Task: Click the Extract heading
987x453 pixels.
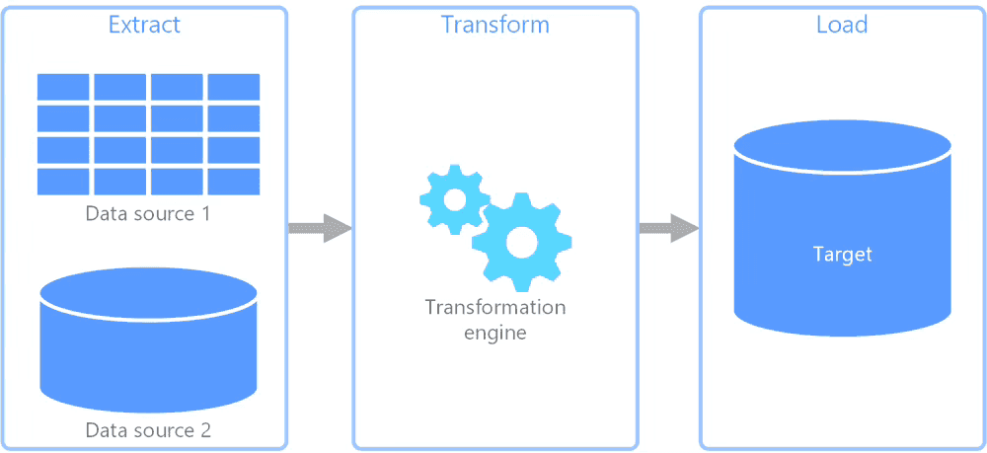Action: point(144,25)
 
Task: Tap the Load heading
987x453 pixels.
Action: point(841,25)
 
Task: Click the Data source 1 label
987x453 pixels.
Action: point(147,213)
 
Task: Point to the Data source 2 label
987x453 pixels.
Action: point(148,430)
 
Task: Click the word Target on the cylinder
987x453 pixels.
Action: point(842,255)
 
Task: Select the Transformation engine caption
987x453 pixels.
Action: point(495,320)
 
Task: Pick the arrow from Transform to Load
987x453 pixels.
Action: point(668,229)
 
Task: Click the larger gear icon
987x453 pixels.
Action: point(521,242)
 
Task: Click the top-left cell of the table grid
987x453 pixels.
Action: point(63,87)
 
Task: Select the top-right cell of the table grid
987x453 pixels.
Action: point(234,87)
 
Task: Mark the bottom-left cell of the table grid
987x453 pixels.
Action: point(63,182)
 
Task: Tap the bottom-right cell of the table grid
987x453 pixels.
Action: point(234,182)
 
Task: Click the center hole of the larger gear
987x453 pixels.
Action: point(521,242)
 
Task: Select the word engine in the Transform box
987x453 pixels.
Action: point(495,333)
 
